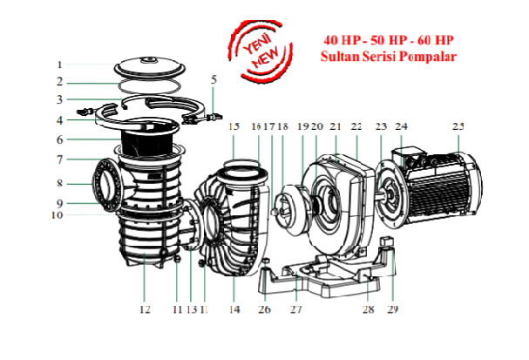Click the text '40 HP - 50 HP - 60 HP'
click(x=388, y=40)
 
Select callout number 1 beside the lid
click(x=59, y=65)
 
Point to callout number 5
click(x=214, y=80)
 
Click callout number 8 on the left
click(x=59, y=184)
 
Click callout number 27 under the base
click(x=295, y=309)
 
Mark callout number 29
click(x=393, y=309)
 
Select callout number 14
click(x=234, y=309)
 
